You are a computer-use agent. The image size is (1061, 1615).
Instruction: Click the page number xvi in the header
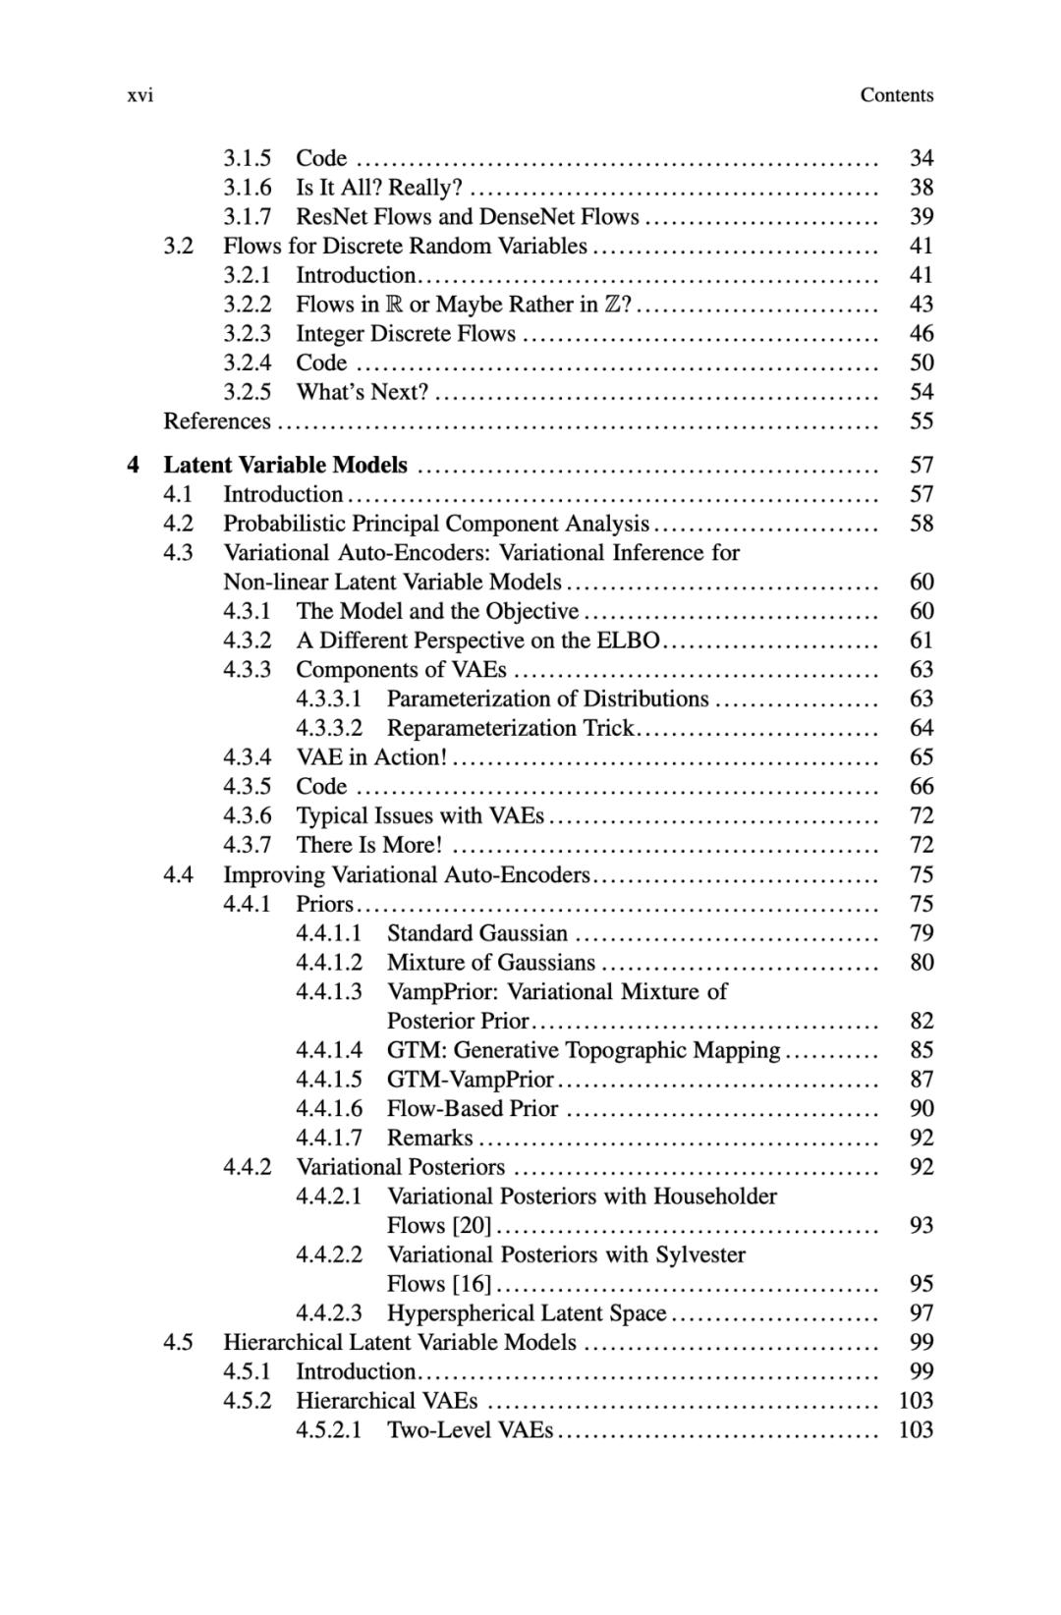[140, 95]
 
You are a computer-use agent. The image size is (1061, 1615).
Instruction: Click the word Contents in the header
[896, 95]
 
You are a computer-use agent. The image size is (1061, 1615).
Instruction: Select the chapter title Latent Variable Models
[285, 465]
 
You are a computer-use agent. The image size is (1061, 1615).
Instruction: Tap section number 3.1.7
[247, 216]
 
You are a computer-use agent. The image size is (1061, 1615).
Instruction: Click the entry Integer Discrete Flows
[406, 333]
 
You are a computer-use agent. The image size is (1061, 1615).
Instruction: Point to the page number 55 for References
[921, 421]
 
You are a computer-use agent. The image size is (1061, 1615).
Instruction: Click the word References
[216, 421]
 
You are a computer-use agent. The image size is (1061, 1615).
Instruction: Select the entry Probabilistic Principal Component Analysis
[436, 524]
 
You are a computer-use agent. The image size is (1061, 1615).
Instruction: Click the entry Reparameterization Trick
[511, 728]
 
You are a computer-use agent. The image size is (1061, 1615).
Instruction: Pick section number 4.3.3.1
[329, 698]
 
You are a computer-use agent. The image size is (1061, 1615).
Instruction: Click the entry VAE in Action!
[371, 757]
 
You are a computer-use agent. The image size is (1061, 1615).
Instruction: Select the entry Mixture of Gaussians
[491, 962]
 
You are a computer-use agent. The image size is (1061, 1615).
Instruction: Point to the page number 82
[921, 1021]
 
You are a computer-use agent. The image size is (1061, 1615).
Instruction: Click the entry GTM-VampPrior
[471, 1079]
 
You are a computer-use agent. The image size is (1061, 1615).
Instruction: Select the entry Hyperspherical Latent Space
[527, 1312]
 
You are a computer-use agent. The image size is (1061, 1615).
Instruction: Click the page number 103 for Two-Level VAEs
[916, 1429]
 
